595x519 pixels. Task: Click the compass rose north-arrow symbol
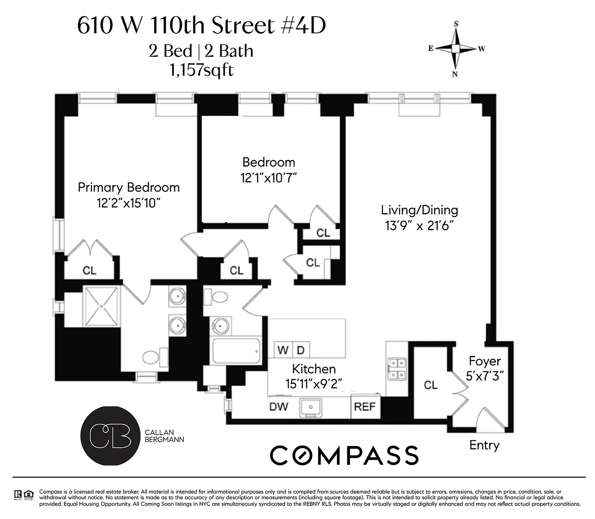[x=456, y=49]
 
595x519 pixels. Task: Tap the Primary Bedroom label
[x=128, y=188]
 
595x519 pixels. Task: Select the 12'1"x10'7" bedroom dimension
[x=268, y=178]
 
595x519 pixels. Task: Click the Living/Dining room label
[x=419, y=210]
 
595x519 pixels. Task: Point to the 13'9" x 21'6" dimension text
[x=419, y=225]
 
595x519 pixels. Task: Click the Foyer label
[x=485, y=361]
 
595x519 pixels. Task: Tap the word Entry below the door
[x=484, y=446]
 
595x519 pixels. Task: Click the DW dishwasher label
[x=279, y=407]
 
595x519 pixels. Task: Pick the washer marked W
[x=283, y=350]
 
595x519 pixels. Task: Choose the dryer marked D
[x=301, y=350]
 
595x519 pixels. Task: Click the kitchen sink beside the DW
[x=311, y=407]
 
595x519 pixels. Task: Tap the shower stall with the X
[x=101, y=306]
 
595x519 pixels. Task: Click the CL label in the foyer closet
[x=431, y=385]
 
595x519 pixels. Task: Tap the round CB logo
[x=110, y=436]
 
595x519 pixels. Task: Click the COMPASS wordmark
[x=344, y=455]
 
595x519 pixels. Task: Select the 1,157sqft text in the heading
[x=201, y=70]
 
